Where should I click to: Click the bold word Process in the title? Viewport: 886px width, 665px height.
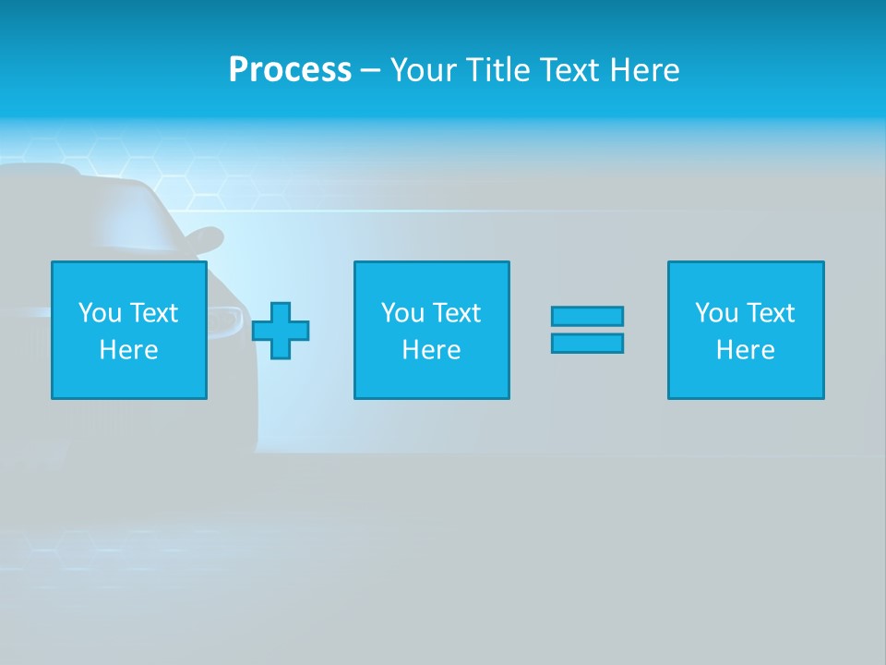click(x=290, y=70)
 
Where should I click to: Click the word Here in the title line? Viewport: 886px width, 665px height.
click(x=644, y=70)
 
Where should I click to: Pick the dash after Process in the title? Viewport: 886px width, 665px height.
click(x=371, y=71)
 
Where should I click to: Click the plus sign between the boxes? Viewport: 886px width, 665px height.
click(x=281, y=331)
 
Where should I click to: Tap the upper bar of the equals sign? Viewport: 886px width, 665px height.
click(x=587, y=316)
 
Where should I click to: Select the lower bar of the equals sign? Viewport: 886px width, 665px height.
click(x=587, y=343)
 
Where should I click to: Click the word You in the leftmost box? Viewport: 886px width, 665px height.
click(x=100, y=313)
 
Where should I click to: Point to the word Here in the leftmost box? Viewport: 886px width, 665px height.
click(x=128, y=350)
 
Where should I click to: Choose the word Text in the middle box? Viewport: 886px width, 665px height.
click(x=456, y=313)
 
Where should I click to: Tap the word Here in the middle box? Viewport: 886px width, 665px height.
click(x=431, y=350)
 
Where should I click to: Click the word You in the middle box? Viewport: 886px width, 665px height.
click(x=402, y=313)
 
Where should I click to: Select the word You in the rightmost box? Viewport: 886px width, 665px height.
click(x=716, y=313)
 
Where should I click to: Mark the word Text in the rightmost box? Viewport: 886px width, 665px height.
click(x=770, y=313)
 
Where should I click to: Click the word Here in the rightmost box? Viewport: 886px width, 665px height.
click(x=745, y=350)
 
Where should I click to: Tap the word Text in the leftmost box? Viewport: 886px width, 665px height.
click(x=153, y=313)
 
